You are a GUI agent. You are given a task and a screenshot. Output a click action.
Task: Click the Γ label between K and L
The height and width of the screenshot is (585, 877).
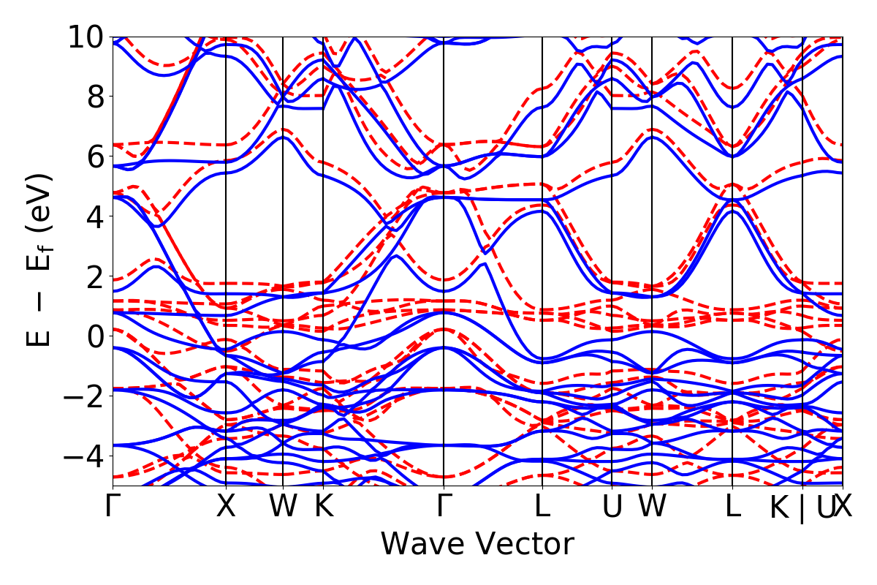pyautogui.click(x=442, y=507)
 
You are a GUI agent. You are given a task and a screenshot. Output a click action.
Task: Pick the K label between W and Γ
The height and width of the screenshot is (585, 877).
pyautogui.click(x=323, y=507)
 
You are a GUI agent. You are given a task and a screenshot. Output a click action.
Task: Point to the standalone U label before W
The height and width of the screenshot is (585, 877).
pyautogui.click(x=612, y=507)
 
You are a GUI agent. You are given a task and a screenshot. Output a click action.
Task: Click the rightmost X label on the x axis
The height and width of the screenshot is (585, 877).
pyautogui.click(x=843, y=507)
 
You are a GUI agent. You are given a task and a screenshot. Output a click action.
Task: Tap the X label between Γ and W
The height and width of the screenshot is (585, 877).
pyautogui.click(x=226, y=507)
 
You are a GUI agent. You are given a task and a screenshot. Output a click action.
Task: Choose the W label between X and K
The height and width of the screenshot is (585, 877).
pyautogui.click(x=283, y=507)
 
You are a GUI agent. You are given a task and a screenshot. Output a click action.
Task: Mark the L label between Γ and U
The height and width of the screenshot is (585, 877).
pyautogui.click(x=542, y=507)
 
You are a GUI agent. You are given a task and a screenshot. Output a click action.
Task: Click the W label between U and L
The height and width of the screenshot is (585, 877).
pyautogui.click(x=651, y=507)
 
